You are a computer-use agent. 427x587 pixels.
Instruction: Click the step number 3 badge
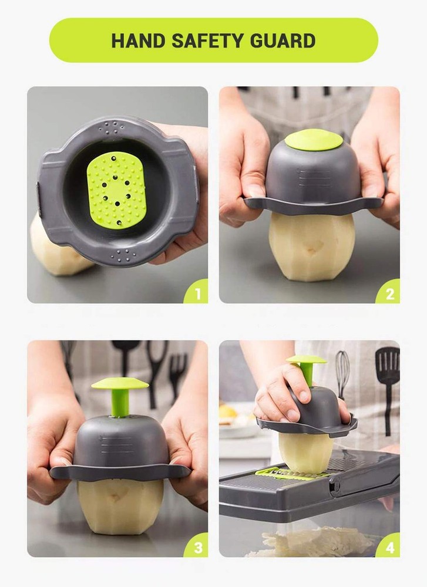[x=197, y=547]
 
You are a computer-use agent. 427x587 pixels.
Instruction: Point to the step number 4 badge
[x=389, y=547]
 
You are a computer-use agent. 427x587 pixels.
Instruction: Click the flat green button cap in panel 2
[x=314, y=140]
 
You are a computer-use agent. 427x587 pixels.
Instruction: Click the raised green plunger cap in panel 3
[x=120, y=383]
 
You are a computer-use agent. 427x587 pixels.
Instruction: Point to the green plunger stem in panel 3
[x=120, y=404]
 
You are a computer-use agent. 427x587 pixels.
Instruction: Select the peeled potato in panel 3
[x=120, y=505]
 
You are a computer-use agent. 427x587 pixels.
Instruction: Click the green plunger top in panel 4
[x=306, y=359]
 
